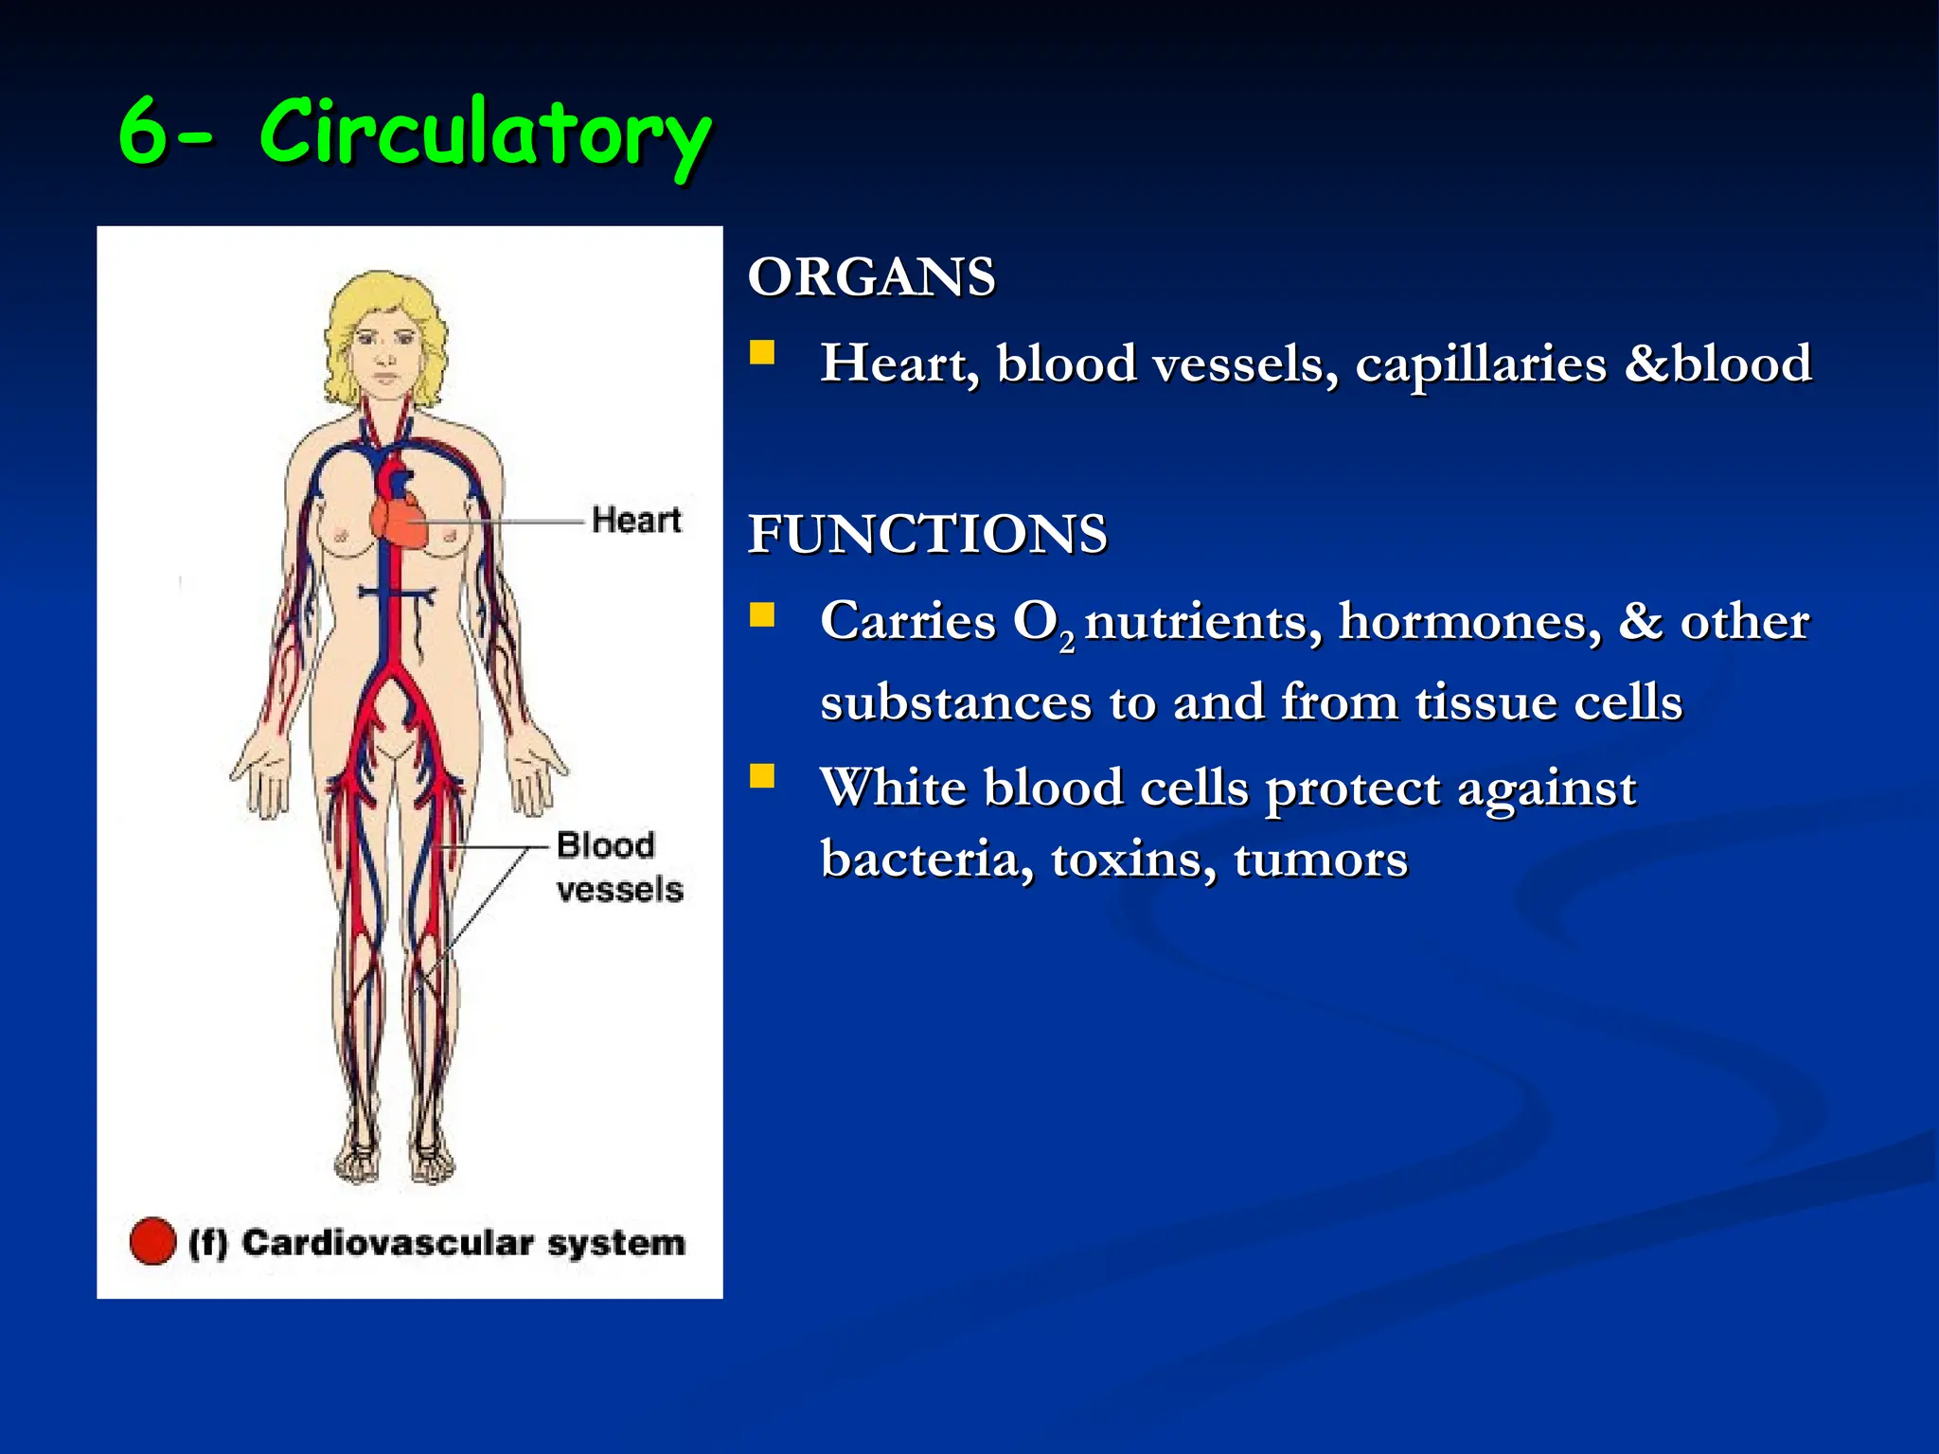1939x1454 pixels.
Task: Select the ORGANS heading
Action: pos(871,277)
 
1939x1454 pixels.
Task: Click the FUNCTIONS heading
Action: pos(927,534)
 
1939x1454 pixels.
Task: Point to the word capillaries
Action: pos(1481,364)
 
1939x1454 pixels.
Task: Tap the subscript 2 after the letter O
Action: pos(1067,644)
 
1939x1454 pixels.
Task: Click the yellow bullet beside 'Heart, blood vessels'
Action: pos(761,353)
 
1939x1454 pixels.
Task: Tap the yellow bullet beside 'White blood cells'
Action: pos(761,777)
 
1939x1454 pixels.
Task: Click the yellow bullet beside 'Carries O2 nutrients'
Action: pos(761,616)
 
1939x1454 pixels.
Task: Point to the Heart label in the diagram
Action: pos(636,520)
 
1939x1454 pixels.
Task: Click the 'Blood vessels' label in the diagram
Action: pos(618,866)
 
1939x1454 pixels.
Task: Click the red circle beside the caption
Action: pos(152,1241)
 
